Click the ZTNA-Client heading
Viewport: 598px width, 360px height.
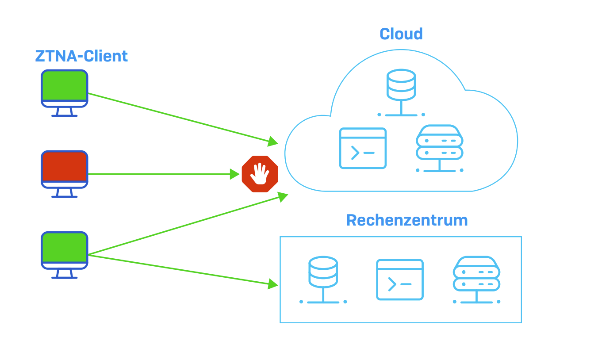point(81,56)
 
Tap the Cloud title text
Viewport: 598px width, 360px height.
point(401,34)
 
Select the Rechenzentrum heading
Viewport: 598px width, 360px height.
point(407,220)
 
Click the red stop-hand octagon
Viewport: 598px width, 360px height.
point(260,174)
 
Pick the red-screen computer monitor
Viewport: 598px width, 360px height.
point(65,167)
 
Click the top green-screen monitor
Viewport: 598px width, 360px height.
point(65,86)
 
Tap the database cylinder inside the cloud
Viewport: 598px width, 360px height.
point(401,84)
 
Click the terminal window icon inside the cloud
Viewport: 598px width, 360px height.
point(363,148)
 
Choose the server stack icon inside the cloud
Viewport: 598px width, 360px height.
point(439,142)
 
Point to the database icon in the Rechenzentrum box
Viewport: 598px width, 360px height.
point(323,272)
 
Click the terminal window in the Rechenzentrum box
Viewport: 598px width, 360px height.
point(400,280)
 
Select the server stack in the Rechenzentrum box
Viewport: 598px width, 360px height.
point(476,273)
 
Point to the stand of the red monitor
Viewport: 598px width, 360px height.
point(65,193)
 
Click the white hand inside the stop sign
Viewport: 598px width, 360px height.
point(260,173)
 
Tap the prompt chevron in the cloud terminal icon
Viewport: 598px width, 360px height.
point(355,153)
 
